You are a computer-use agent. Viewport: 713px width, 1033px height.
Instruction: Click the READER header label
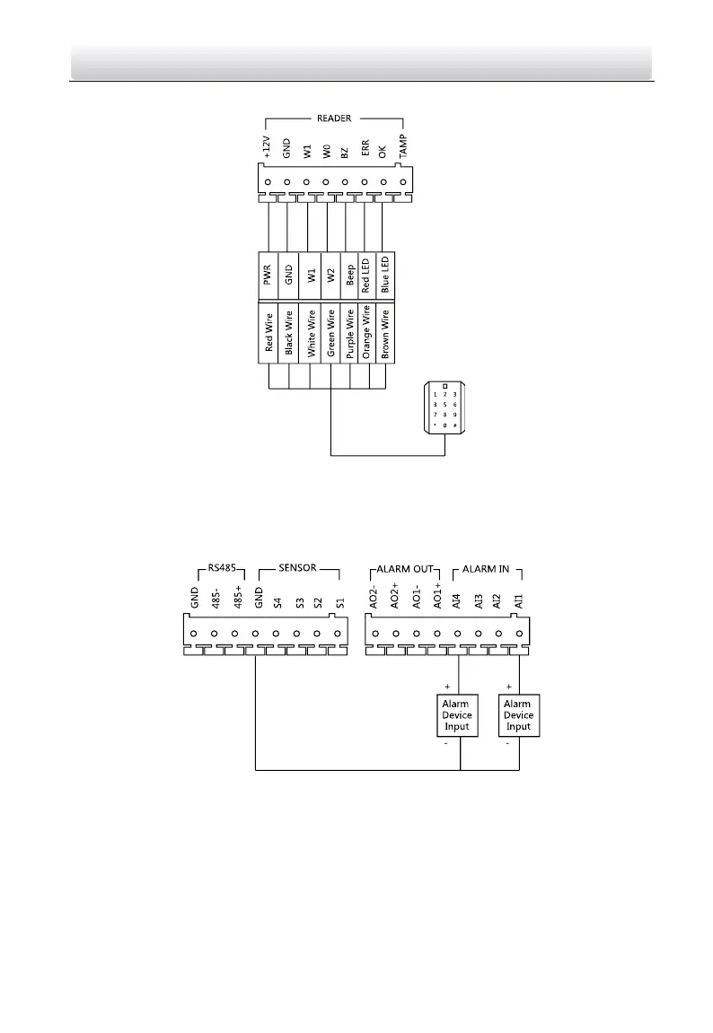[x=334, y=118]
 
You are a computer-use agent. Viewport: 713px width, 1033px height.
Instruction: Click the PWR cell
[x=267, y=276]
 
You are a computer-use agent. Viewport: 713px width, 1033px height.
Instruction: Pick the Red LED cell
[x=365, y=276]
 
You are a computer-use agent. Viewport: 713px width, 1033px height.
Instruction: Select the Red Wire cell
[x=268, y=334]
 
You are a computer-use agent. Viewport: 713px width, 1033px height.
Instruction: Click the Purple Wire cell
[x=347, y=334]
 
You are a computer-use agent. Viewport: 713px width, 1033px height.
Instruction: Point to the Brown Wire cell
[x=384, y=334]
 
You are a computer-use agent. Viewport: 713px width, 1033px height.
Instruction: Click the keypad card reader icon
[x=445, y=408]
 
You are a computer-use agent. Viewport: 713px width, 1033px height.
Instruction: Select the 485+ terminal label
[x=237, y=598]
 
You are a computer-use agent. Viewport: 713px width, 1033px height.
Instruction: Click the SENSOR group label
[x=297, y=569]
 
